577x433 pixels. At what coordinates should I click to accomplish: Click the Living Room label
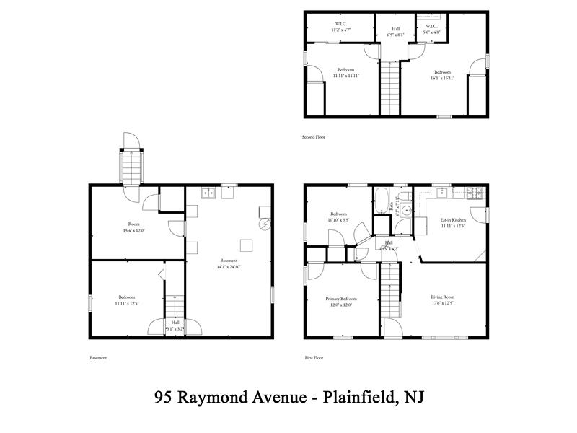443,297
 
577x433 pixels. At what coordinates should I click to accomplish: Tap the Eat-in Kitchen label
453,219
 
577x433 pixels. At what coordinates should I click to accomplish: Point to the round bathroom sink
406,211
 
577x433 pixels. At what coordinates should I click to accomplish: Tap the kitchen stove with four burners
475,193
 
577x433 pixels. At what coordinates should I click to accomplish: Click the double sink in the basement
208,193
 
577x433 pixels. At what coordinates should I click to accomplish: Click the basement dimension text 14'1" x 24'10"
229,267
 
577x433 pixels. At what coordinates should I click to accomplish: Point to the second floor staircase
389,88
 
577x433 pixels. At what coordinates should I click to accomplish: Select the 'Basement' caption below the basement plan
98,357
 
